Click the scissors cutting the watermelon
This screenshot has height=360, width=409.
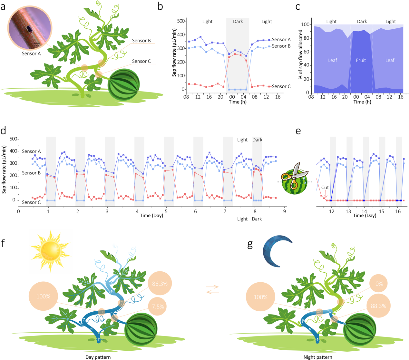[x=293, y=177]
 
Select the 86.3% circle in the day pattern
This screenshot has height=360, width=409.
[x=160, y=284]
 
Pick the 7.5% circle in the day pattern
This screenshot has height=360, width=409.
[x=158, y=306]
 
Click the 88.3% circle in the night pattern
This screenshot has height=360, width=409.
[x=378, y=306]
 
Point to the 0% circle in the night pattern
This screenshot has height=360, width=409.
[x=379, y=284]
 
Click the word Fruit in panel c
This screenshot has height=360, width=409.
[x=361, y=60]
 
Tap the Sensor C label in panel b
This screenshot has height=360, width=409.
[x=281, y=86]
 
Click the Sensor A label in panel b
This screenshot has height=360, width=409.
[x=281, y=39]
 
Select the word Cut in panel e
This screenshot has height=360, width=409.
[x=325, y=188]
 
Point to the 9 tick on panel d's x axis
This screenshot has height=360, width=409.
[x=284, y=211]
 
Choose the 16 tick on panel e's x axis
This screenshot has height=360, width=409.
[x=398, y=211]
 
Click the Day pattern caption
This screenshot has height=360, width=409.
[x=98, y=357]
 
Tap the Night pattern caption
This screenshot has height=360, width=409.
[x=318, y=357]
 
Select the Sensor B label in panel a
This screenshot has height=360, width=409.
[x=141, y=41]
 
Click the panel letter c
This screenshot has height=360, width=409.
[x=298, y=7]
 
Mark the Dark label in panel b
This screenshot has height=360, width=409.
[x=238, y=22]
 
